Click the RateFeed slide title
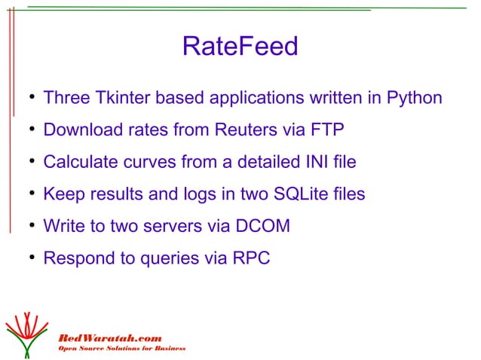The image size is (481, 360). click(x=240, y=47)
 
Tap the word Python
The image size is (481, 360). click(x=414, y=99)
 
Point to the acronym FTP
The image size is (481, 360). click(x=326, y=130)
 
